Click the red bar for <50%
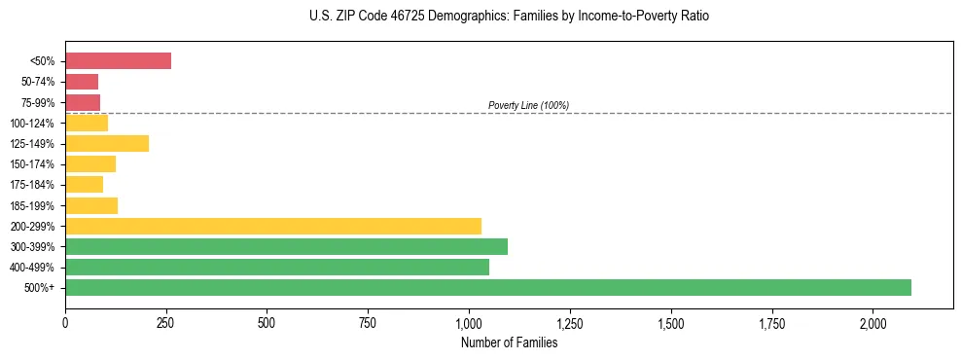(x=118, y=61)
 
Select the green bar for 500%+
(x=487, y=287)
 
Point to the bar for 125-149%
(x=107, y=143)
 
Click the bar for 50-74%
(x=82, y=82)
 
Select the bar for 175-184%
(x=84, y=185)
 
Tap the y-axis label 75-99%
(x=38, y=103)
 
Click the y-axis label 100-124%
(x=35, y=124)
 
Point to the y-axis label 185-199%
(x=35, y=205)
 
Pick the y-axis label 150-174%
(x=35, y=164)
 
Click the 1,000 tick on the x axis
(x=469, y=322)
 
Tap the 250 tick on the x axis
(x=166, y=322)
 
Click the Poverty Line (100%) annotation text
(x=528, y=105)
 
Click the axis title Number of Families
(x=509, y=342)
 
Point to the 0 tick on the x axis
(x=65, y=322)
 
